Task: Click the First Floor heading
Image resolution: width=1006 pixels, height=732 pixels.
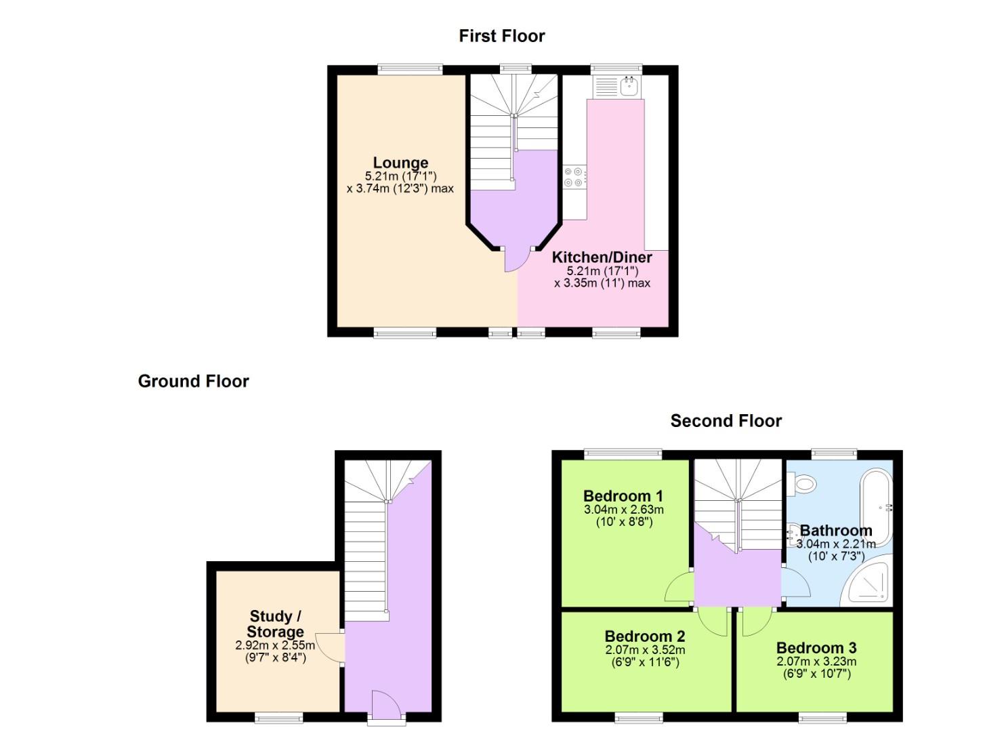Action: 501,36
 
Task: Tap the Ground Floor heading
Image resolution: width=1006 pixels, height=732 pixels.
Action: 193,382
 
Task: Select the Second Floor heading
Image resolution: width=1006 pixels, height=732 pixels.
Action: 726,421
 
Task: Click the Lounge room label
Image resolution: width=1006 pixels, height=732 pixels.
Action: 400,163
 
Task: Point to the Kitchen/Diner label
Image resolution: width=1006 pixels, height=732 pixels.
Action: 602,258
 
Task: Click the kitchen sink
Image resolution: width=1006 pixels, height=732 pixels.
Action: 629,86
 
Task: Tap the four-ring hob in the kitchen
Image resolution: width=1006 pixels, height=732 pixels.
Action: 574,177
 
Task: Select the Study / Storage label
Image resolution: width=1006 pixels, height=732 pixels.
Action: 274,624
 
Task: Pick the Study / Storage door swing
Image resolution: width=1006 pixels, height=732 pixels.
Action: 330,647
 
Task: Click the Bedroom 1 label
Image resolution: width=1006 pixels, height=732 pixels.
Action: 623,496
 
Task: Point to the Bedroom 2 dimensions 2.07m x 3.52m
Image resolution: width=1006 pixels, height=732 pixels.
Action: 644,650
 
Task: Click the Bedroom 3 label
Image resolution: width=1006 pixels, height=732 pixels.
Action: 816,648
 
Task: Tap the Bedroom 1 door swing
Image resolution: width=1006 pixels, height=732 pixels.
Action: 679,588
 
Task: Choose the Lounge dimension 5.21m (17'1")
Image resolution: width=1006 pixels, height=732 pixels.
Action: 400,176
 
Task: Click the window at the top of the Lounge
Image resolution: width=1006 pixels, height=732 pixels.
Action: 410,68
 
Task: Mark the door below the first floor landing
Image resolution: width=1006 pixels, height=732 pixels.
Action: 516,259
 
